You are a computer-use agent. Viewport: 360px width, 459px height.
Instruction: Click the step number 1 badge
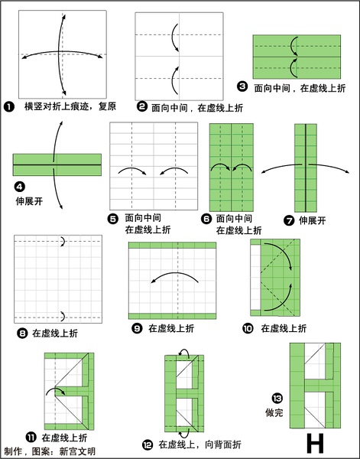point(9,106)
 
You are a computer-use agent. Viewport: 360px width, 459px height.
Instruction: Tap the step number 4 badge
point(19,187)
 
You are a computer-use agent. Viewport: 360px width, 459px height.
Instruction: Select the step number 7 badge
point(289,220)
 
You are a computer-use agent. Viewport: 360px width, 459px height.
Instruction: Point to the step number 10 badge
point(248,328)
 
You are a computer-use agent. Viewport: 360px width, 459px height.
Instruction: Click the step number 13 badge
point(277,398)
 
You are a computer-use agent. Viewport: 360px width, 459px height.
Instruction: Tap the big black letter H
point(315,443)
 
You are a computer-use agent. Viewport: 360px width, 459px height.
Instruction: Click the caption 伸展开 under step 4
point(29,201)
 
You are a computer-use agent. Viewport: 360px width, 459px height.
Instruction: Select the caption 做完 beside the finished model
point(274,412)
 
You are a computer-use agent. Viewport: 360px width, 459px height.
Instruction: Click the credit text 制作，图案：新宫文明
point(50,451)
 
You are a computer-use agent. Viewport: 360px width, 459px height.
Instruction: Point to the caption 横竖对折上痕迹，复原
point(70,106)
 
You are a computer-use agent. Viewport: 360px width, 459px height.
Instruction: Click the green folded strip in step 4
point(57,164)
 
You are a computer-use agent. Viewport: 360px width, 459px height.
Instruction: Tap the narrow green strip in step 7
point(306,168)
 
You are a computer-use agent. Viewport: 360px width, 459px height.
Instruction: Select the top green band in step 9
point(172,246)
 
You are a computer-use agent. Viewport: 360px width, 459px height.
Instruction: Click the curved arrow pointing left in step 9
point(175,273)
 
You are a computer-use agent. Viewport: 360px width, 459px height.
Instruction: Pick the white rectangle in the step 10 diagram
point(255,277)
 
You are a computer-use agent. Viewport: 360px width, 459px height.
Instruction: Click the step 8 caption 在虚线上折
point(55,334)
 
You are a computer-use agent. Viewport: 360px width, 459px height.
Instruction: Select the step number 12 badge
point(148,445)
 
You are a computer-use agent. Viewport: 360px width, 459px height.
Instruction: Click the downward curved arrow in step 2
point(174,37)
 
